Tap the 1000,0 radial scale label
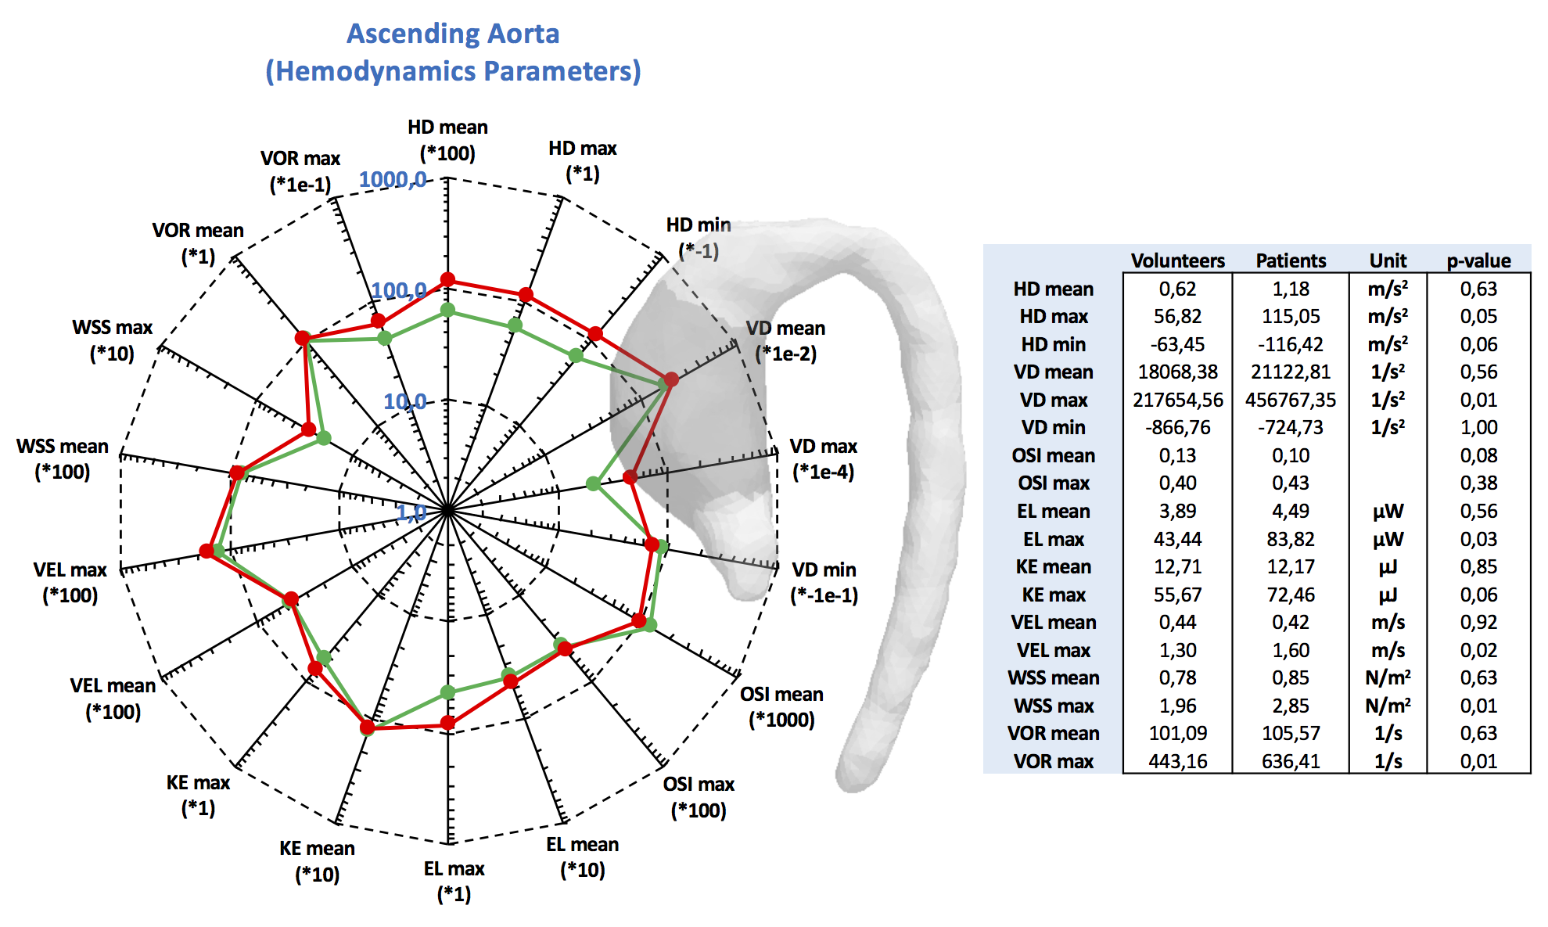click(393, 180)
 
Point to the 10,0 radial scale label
click(404, 402)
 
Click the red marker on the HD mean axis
click(447, 280)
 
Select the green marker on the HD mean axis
click(447, 311)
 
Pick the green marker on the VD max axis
click(594, 483)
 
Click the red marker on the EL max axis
click(447, 723)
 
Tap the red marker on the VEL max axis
click(207, 551)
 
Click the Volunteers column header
click(1177, 260)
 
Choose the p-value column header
click(1478, 260)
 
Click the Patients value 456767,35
click(1291, 400)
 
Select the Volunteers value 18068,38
click(1177, 372)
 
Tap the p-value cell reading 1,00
click(1478, 428)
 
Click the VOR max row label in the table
click(1053, 761)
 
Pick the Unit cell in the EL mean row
click(1388, 512)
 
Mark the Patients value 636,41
click(1291, 761)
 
